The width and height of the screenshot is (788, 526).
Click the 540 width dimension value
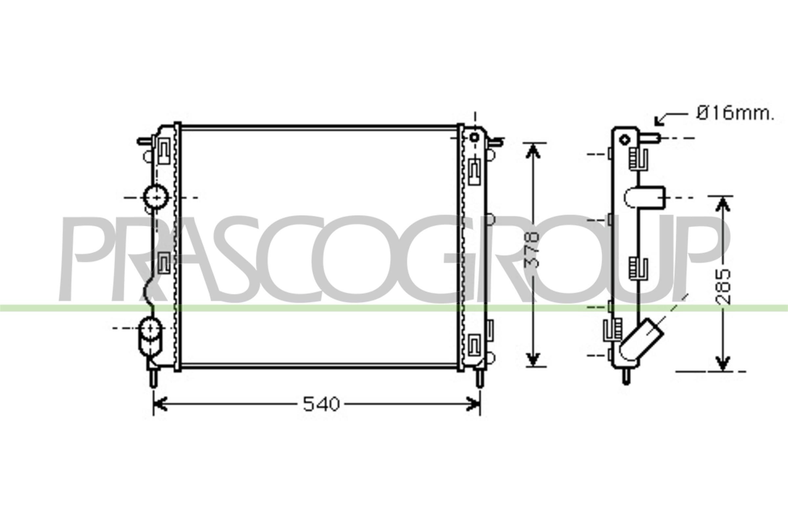coord(321,404)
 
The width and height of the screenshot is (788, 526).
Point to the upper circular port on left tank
coord(156,197)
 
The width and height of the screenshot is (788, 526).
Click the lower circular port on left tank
coord(150,328)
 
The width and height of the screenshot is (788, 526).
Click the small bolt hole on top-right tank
coord(475,137)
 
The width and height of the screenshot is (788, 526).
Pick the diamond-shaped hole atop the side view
coord(625,139)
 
